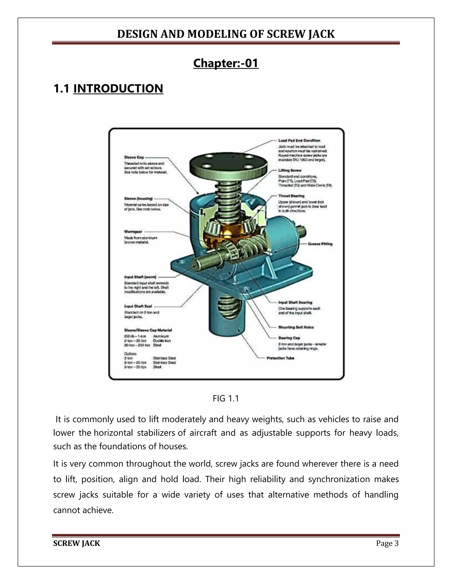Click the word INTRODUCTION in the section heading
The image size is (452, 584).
tap(118, 89)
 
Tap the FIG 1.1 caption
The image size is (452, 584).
tap(226, 398)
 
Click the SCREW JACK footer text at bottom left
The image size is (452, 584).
tap(77, 543)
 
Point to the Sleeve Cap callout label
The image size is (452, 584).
tap(134, 157)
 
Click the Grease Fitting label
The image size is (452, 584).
tap(320, 244)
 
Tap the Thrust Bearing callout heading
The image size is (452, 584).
tap(291, 196)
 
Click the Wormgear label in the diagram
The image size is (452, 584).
tap(133, 232)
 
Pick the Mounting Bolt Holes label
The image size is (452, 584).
tap(296, 327)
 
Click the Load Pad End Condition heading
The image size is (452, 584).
tap(299, 140)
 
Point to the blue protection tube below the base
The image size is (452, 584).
tap(228, 324)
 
